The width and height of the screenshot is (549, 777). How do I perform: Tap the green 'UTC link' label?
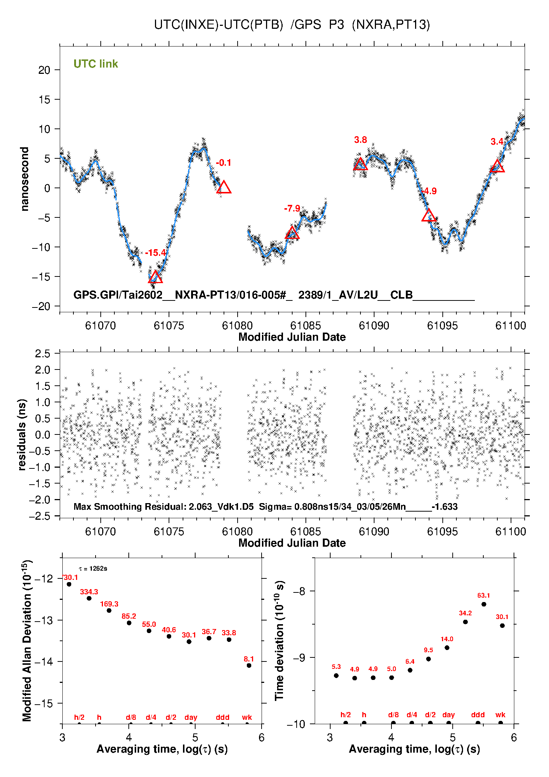pyautogui.click(x=96, y=64)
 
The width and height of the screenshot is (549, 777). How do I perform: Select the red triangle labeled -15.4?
pyautogui.click(x=155, y=277)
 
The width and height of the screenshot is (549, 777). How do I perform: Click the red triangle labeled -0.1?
pyautogui.click(x=224, y=188)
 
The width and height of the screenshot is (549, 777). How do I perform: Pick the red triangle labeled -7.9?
pyautogui.click(x=292, y=233)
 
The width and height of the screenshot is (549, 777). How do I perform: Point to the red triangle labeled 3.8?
pyautogui.click(x=360, y=164)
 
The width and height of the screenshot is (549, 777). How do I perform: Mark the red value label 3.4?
pyautogui.click(x=497, y=142)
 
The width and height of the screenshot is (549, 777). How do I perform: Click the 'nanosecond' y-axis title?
pyautogui.click(x=25, y=179)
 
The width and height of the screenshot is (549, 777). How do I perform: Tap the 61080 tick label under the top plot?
pyautogui.click(x=237, y=326)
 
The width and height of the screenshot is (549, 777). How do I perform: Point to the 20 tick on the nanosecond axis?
pyautogui.click(x=44, y=70)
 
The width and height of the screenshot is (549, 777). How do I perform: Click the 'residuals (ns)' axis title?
pyautogui.click(x=22, y=434)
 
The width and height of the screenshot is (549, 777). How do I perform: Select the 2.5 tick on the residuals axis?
pyautogui.click(x=42, y=354)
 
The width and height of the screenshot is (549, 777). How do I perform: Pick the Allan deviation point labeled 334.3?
pyautogui.click(x=89, y=598)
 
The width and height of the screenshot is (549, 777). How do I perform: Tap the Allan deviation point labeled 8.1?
pyautogui.click(x=249, y=666)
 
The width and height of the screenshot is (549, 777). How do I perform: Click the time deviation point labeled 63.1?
pyautogui.click(x=484, y=604)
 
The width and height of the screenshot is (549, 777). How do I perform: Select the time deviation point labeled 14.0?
pyautogui.click(x=447, y=647)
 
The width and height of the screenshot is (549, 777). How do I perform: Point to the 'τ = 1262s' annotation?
pyautogui.click(x=93, y=568)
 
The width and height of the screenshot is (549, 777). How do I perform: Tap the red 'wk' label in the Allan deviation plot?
pyautogui.click(x=247, y=717)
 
